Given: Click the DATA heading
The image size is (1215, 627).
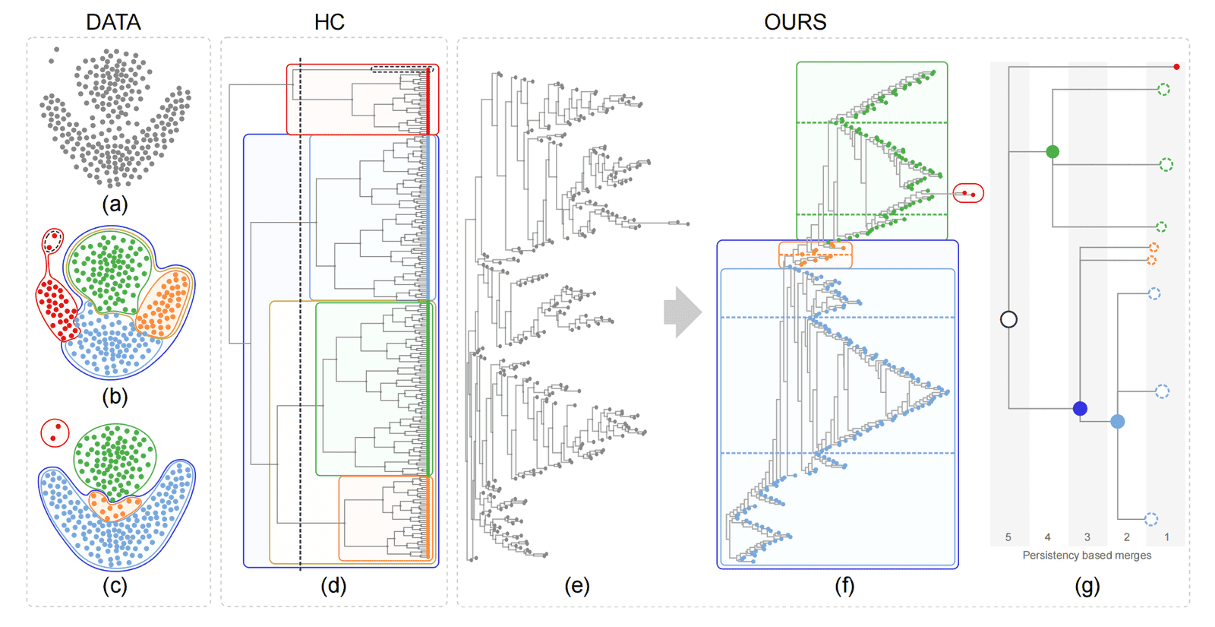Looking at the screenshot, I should point(113,22).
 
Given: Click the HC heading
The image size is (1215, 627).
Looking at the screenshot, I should point(330,22).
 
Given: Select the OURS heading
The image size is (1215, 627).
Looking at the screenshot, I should point(795,22).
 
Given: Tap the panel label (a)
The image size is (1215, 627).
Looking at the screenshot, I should point(115,204).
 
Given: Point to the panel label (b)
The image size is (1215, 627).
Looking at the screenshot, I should point(115,396).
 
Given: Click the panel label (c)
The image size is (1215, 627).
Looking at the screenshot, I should point(115,586).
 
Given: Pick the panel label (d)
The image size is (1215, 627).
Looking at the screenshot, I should point(333,586).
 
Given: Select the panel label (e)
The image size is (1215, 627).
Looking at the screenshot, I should point(576,586).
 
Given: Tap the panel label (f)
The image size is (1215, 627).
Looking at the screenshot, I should point(844,586).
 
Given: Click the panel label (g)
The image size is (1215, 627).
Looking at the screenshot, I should point(1087,586).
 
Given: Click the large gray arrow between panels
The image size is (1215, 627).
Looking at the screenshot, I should point(682,312).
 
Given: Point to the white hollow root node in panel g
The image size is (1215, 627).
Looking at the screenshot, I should point(1008,319).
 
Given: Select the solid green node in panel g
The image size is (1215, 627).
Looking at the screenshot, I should point(1052,152).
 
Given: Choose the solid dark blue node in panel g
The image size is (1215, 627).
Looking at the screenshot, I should point(1080,409).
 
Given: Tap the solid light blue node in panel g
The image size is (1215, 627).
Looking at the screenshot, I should point(1118,421).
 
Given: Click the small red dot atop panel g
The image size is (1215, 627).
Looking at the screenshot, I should point(1176,67).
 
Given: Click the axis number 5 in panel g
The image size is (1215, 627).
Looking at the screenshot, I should point(1008,537).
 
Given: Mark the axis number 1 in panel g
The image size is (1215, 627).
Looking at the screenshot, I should point(1166,537).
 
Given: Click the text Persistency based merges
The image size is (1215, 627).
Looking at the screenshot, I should point(1087,556).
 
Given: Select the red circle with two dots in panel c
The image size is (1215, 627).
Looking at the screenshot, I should point(55,433).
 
